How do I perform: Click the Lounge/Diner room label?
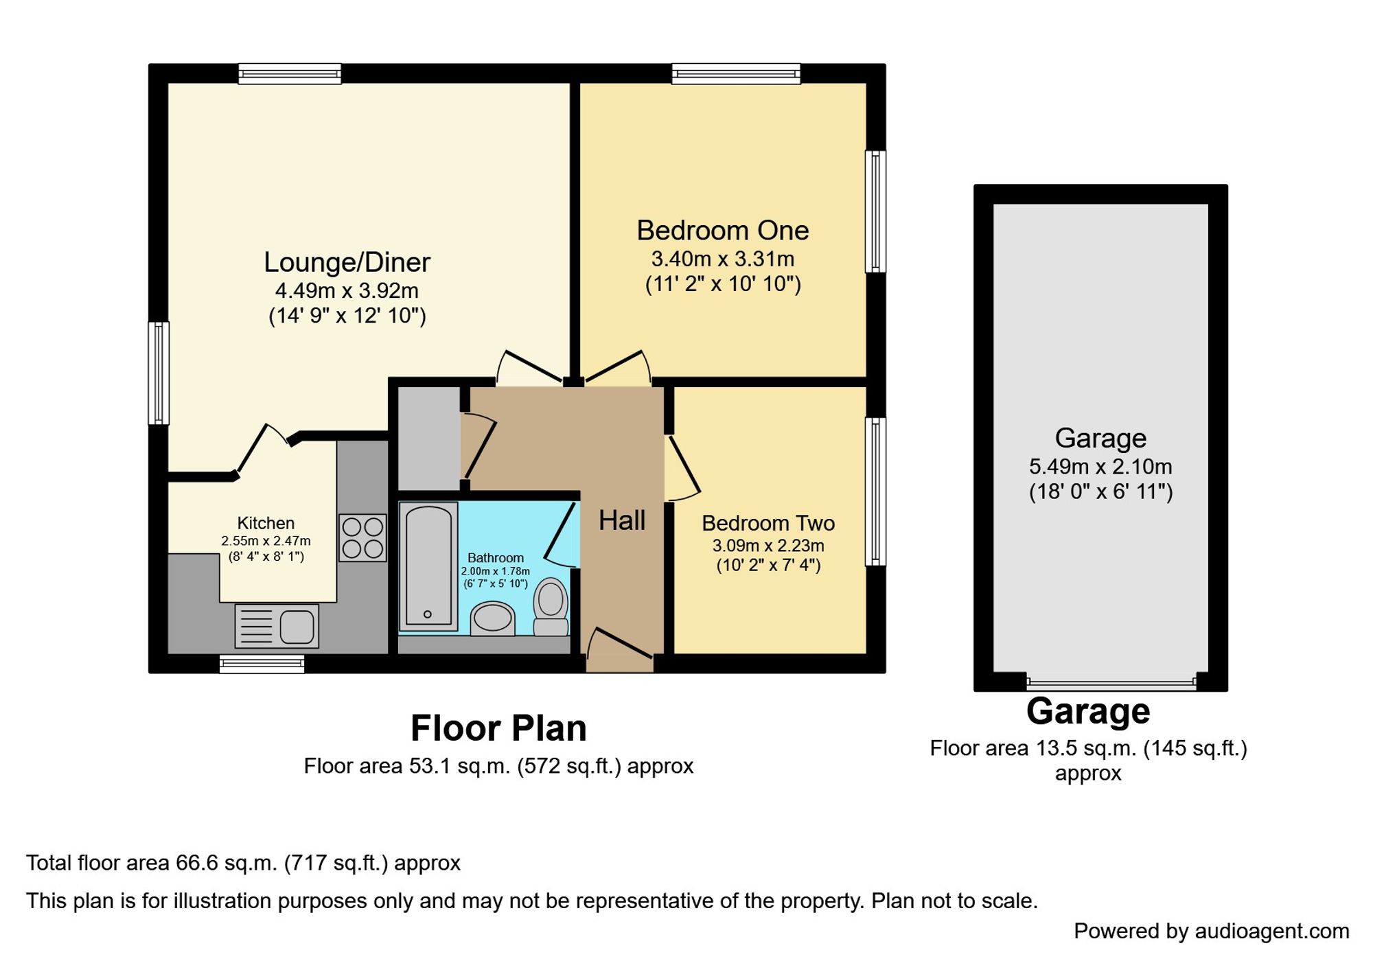(x=347, y=262)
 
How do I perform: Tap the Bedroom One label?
(x=722, y=231)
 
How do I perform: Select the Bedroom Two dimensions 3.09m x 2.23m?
(x=768, y=546)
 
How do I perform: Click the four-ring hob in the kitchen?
(x=362, y=537)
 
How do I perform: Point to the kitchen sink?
(x=277, y=626)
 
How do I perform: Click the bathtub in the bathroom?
(x=428, y=566)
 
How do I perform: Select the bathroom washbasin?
(x=493, y=618)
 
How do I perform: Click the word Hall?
(x=621, y=520)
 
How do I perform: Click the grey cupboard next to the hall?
(x=428, y=438)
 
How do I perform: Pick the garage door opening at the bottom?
(x=1111, y=682)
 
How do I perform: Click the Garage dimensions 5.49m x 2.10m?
(x=1100, y=467)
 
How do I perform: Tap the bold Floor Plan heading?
(x=498, y=728)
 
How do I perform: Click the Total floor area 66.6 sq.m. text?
(x=243, y=863)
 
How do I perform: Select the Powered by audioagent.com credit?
(x=1211, y=931)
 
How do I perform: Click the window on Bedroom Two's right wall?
(x=875, y=491)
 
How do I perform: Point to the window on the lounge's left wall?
(x=159, y=373)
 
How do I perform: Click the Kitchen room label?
(x=266, y=523)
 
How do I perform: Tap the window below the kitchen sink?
(x=262, y=664)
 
